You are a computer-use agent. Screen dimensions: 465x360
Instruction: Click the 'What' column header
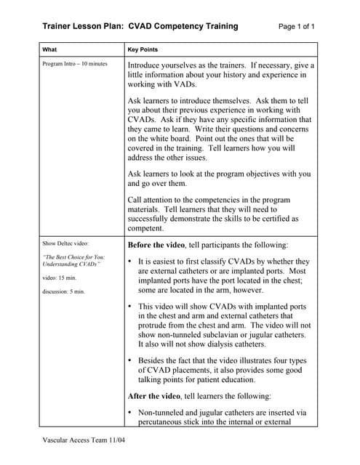49,49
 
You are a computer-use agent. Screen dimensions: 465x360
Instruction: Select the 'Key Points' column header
143,49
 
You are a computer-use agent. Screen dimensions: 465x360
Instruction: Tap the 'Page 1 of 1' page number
297,27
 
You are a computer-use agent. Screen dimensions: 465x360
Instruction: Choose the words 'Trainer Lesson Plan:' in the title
83,27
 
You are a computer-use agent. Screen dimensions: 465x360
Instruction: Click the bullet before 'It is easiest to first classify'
129,262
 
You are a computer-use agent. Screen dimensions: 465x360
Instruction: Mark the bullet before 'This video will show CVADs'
129,307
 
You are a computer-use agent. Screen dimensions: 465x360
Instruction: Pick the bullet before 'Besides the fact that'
129,360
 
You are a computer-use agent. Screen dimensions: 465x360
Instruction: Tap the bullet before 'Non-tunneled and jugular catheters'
129,413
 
